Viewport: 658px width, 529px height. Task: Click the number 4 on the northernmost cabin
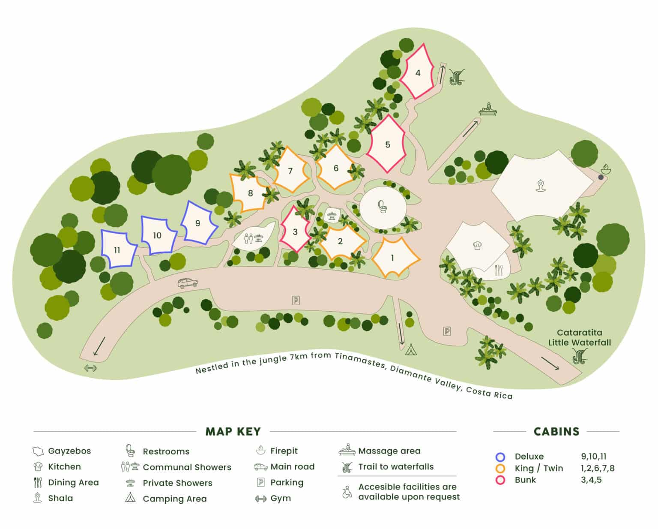point(418,73)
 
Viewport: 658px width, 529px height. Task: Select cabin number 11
point(117,250)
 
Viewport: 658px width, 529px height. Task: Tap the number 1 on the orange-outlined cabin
point(392,258)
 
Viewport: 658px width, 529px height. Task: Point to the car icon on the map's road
point(188,283)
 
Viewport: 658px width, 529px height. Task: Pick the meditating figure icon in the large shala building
point(541,186)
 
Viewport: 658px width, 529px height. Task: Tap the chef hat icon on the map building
point(477,245)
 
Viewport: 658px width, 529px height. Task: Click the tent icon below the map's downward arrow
point(411,350)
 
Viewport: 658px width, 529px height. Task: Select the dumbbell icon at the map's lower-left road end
point(90,368)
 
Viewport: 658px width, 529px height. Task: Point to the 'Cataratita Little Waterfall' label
point(579,337)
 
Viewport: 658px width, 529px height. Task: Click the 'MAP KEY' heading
point(233,431)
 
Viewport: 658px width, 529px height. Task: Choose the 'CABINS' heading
point(556,431)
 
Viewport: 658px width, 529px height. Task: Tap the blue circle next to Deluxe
point(500,457)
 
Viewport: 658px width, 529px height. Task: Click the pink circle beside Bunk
point(500,480)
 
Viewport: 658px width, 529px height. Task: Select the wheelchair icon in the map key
point(346,492)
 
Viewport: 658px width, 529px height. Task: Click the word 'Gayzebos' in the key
point(69,451)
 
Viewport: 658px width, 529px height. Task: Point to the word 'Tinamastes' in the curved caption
point(359,357)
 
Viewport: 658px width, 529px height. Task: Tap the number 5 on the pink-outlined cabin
point(388,144)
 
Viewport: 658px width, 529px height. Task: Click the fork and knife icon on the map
point(499,270)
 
